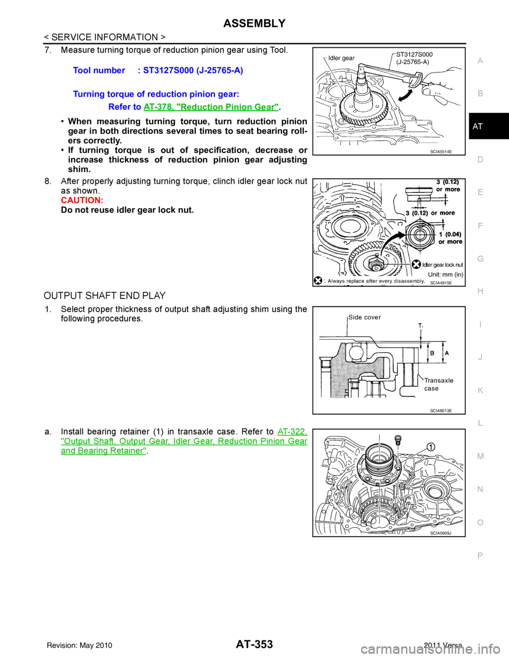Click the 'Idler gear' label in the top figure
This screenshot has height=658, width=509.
tap(341, 58)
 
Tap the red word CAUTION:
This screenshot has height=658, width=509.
tap(82, 201)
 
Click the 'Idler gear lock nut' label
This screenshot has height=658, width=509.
tap(443, 264)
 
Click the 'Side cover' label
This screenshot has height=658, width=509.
tap(364, 317)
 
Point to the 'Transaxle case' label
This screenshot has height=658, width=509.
tap(438, 384)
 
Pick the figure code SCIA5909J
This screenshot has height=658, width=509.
tap(441, 533)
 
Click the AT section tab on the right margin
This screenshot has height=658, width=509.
tap(478, 127)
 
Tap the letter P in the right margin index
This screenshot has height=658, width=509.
tap(480, 556)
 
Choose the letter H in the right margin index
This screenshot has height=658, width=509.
tap(480, 291)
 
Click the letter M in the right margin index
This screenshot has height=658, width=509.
tap(480, 456)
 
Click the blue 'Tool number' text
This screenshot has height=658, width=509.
tap(99, 70)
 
